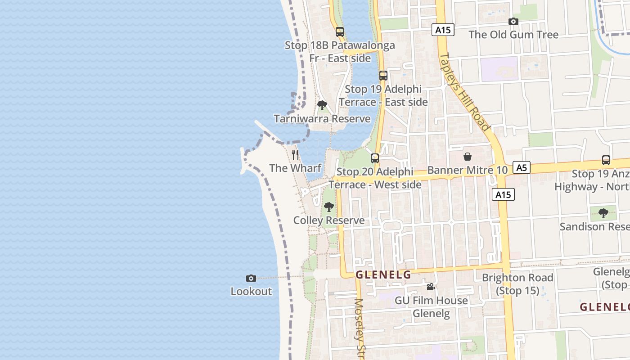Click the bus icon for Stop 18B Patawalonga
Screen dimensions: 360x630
pos(340,32)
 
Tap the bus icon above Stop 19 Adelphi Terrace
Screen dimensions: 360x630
pos(383,76)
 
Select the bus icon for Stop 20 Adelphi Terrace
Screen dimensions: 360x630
pos(374,158)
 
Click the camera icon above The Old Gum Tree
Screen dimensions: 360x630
pos(513,21)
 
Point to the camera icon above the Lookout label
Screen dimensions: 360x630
pos(251,278)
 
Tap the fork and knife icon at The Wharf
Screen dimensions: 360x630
pos(295,155)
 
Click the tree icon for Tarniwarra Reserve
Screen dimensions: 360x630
pos(322,105)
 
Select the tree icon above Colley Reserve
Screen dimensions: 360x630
pos(329,207)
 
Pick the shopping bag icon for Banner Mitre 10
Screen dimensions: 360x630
pos(468,157)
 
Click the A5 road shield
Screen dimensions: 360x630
pos(521,168)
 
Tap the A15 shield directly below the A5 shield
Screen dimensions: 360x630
pos(503,194)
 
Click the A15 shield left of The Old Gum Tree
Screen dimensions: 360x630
pos(443,30)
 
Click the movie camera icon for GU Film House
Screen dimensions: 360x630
pos(431,287)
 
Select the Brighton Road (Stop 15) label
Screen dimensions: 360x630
pos(517,284)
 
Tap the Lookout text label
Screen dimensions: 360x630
pos(251,291)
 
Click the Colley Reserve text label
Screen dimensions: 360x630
pos(329,220)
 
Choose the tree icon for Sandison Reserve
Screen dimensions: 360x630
pos(603,213)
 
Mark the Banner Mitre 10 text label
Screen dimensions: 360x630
pos(467,170)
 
